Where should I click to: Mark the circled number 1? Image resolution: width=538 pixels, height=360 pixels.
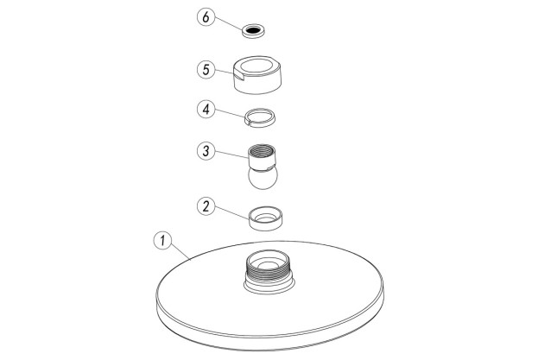click(x=159, y=239)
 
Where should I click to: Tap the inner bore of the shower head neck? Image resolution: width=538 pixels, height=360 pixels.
click(x=269, y=262)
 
